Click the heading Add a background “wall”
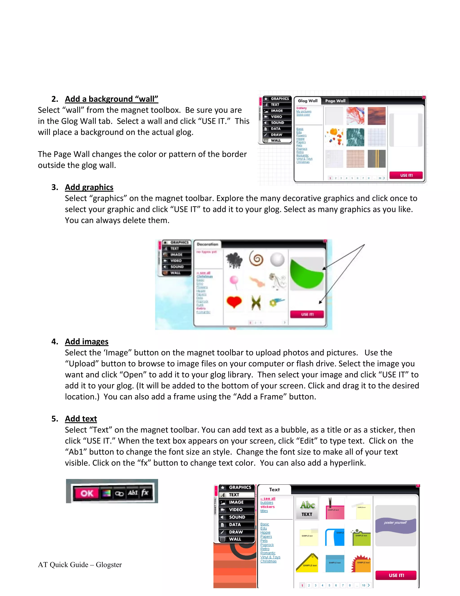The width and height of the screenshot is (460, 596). point(111,99)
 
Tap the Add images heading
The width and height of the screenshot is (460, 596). point(86,342)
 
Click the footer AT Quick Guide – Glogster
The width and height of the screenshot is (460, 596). point(80,565)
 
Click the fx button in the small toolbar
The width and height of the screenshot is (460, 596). point(145,493)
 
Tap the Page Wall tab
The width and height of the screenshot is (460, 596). point(335,101)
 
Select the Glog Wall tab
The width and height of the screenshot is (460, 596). point(307,101)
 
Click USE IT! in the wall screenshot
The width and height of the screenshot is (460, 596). point(406,175)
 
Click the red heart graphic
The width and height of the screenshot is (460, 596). point(234,302)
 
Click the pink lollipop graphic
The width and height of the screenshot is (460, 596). point(234,282)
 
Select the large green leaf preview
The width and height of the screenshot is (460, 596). point(307,274)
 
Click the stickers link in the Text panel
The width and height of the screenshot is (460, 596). point(267,507)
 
